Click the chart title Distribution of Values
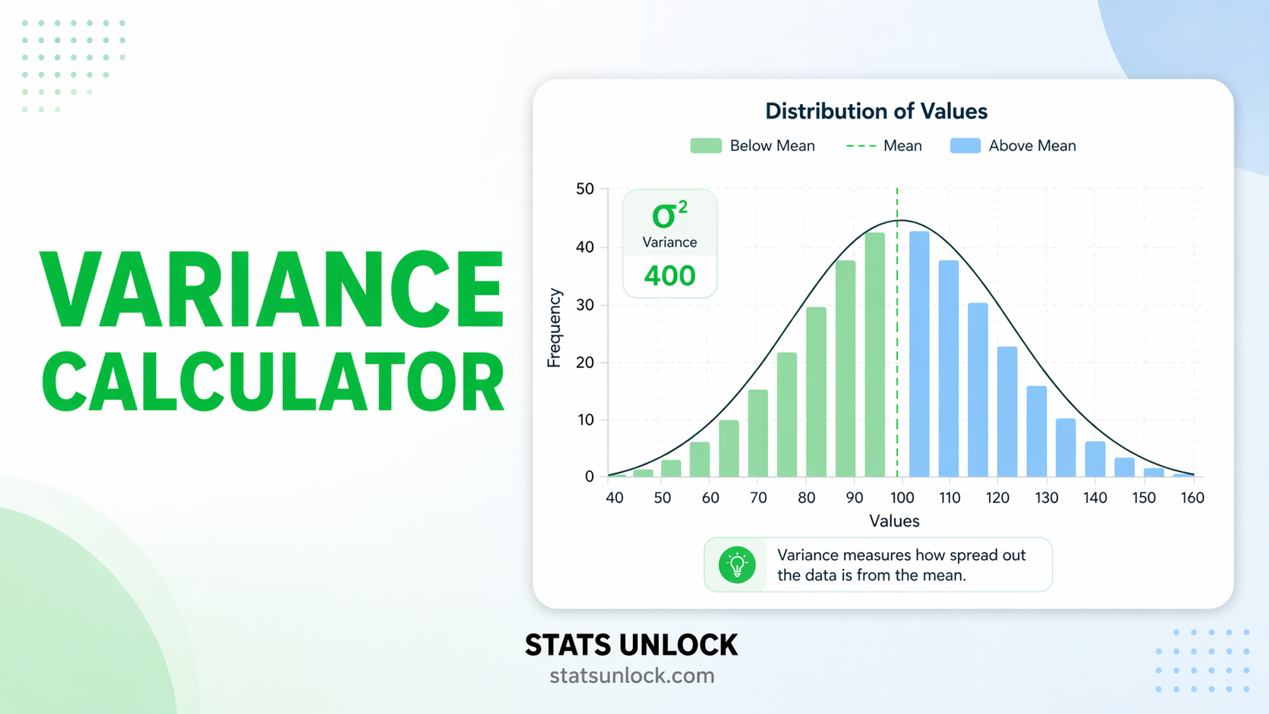pyautogui.click(x=876, y=112)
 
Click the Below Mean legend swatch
pyautogui.click(x=705, y=146)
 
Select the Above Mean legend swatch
pyautogui.click(x=965, y=146)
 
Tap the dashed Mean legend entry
pyautogui.click(x=884, y=146)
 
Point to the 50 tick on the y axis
pyautogui.click(x=584, y=189)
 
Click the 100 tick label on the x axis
pyautogui.click(x=902, y=498)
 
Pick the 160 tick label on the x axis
pyautogui.click(x=1192, y=498)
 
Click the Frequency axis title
pyautogui.click(x=554, y=328)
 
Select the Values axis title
pyautogui.click(x=894, y=521)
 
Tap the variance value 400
pyautogui.click(x=669, y=275)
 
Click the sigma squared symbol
pyautogui.click(x=669, y=215)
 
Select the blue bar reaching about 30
pyautogui.click(x=978, y=391)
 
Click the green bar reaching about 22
pyautogui.click(x=787, y=416)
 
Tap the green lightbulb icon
pyautogui.click(x=737, y=565)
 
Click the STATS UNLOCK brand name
pyautogui.click(x=631, y=645)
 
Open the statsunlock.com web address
pyautogui.click(x=631, y=675)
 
